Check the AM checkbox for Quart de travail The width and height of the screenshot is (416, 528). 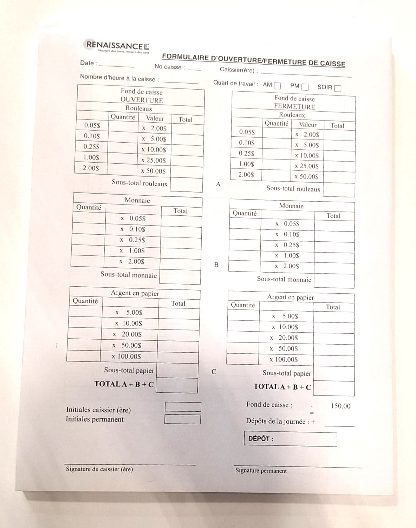click(278, 86)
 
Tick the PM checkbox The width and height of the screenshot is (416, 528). click(305, 87)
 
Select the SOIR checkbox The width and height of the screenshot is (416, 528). click(338, 88)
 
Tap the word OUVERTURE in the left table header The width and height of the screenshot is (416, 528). click(142, 100)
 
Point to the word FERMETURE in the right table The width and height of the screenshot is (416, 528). click(294, 106)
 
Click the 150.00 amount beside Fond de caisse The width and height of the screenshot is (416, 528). click(340, 406)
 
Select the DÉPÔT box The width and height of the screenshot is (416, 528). click(290, 439)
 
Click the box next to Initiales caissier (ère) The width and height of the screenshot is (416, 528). click(183, 407)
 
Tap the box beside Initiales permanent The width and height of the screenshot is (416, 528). click(182, 419)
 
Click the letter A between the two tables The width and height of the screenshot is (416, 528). click(218, 184)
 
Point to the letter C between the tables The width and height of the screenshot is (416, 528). click(214, 372)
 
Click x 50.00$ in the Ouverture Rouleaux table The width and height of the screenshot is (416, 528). click(154, 171)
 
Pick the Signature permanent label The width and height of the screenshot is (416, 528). click(261, 471)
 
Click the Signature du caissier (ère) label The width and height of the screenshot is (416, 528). click(99, 469)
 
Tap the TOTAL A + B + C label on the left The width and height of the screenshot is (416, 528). click(124, 384)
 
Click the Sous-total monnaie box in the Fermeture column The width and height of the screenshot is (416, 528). click(334, 281)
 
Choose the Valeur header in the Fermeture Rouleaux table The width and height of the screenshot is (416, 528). click(308, 124)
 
